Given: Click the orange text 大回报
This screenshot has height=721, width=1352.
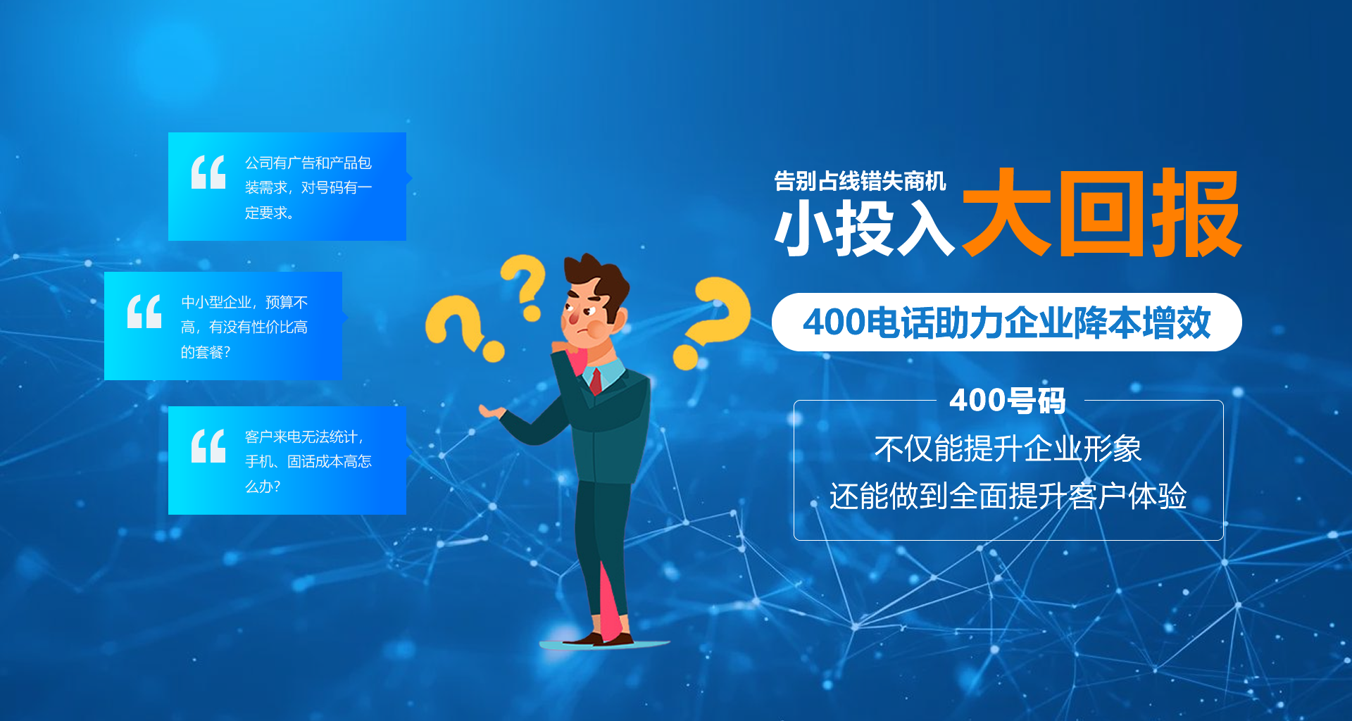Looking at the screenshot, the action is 1101,213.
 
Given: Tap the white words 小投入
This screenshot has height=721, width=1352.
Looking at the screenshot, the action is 865,227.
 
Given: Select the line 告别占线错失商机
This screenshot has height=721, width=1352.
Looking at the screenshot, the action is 860,181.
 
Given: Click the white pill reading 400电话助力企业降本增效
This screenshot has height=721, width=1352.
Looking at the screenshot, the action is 1007,322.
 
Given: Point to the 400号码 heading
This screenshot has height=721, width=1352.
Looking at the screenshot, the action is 1008,401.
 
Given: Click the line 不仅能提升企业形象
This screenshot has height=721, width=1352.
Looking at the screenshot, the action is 1008,449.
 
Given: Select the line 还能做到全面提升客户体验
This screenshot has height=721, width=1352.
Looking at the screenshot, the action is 1008,496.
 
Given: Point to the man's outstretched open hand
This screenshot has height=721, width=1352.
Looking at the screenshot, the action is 493,412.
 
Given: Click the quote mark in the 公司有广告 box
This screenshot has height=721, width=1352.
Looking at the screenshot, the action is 208,172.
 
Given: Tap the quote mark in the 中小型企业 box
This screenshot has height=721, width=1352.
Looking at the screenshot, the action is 144,311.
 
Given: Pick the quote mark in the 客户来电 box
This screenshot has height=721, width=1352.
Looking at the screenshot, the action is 208,446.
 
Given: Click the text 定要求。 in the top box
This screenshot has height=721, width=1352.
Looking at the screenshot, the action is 270,213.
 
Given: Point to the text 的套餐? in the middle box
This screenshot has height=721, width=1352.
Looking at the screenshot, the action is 206,352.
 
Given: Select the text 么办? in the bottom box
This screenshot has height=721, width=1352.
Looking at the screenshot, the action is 263,486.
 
